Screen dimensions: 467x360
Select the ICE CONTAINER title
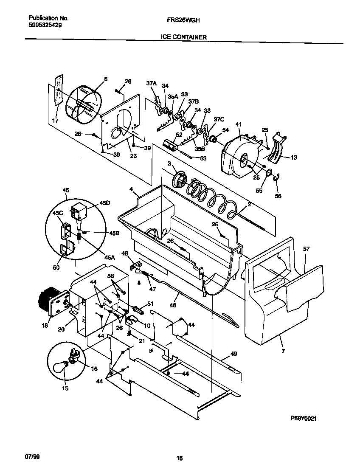point(184,37)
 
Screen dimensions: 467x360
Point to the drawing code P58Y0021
point(304,418)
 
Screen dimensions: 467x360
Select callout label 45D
point(104,203)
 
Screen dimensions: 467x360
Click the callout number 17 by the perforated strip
point(55,121)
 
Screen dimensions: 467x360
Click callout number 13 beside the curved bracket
point(294,158)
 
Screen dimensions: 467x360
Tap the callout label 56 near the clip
point(278,196)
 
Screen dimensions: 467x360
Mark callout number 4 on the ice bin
point(131,188)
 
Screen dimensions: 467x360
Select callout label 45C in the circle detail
point(57,213)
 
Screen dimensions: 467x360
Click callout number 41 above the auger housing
point(238,124)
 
